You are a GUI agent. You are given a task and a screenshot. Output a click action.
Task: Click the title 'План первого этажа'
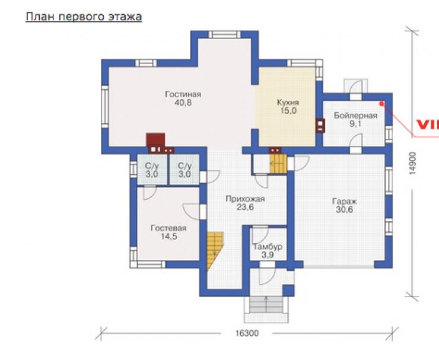click(84, 17)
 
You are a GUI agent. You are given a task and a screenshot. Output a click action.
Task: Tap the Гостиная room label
click(183, 94)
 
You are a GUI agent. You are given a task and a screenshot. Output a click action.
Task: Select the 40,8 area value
click(183, 103)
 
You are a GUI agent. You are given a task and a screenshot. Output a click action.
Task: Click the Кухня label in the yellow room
click(288, 103)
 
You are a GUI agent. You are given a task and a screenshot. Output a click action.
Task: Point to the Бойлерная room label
click(355, 115)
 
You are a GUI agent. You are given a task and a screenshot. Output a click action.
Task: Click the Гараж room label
click(344, 202)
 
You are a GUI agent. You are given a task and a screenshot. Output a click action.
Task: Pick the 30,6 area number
click(344, 210)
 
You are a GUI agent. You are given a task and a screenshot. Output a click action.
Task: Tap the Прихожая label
click(245, 199)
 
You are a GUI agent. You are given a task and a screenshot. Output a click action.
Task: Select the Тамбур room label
click(268, 247)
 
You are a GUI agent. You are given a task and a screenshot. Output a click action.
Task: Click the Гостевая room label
click(168, 228)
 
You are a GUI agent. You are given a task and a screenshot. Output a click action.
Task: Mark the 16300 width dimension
click(247, 333)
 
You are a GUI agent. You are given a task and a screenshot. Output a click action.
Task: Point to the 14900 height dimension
click(413, 164)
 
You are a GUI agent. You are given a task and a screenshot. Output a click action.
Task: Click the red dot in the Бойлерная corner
click(381, 104)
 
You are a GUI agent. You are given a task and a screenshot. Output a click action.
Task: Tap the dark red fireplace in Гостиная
click(155, 140)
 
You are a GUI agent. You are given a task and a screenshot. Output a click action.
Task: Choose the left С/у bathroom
click(152, 170)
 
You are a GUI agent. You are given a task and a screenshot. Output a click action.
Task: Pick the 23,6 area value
click(245, 208)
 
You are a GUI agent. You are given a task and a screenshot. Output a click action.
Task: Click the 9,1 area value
click(355, 124)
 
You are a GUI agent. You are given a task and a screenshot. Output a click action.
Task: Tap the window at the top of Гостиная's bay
click(224, 34)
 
